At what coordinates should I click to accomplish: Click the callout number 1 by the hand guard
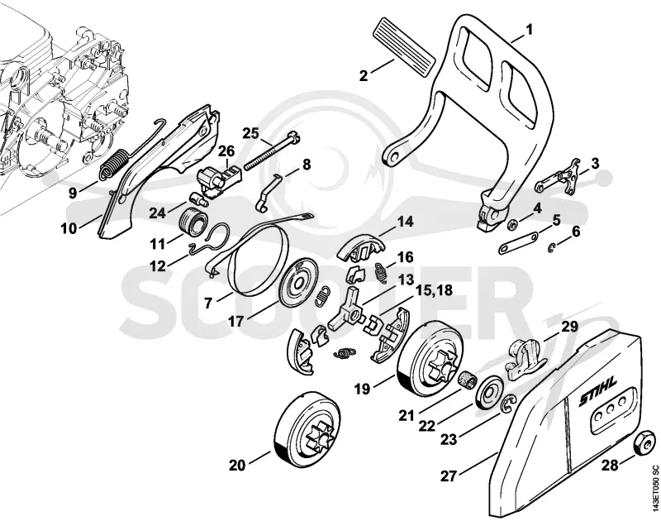point(530,30)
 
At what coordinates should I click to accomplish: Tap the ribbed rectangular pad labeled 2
point(404,47)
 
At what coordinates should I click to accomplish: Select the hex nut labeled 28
point(644,443)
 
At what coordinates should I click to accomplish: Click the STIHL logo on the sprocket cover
point(597,391)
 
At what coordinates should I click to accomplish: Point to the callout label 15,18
point(434,290)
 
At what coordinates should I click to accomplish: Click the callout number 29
point(569,326)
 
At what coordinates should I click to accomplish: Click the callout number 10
point(69,228)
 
